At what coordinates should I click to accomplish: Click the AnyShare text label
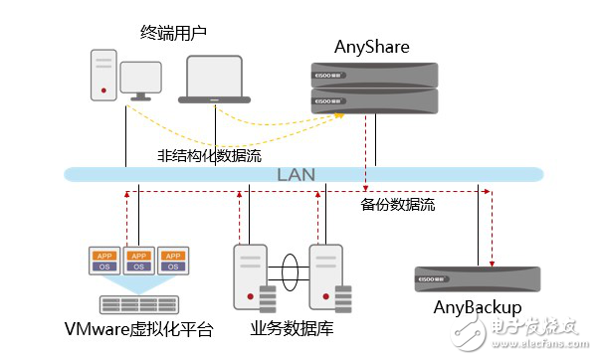(373, 46)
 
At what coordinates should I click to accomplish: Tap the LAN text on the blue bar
(297, 175)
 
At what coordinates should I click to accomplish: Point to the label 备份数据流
(398, 205)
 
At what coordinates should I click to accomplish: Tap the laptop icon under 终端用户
(215, 81)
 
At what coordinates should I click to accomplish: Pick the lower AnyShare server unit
(373, 98)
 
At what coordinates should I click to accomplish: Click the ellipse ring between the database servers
(289, 269)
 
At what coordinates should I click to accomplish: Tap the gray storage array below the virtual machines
(138, 302)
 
